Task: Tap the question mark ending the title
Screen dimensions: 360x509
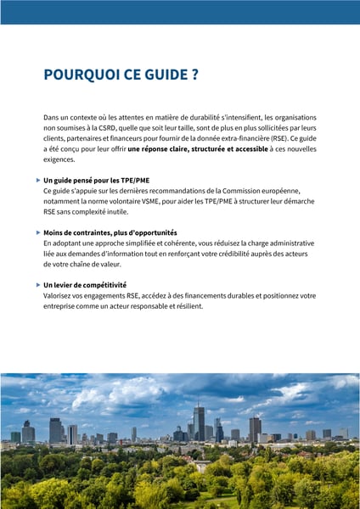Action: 194,75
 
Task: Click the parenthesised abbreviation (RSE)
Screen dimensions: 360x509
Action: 273,137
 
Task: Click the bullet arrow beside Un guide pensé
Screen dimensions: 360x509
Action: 37,180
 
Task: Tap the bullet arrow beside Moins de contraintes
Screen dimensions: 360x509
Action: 37,232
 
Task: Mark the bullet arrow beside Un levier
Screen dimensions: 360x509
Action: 37,284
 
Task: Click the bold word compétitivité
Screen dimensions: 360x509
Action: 102,285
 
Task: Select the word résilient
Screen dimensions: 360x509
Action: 188,305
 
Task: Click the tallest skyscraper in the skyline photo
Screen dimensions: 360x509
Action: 199,422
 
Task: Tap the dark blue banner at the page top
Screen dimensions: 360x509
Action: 180,11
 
